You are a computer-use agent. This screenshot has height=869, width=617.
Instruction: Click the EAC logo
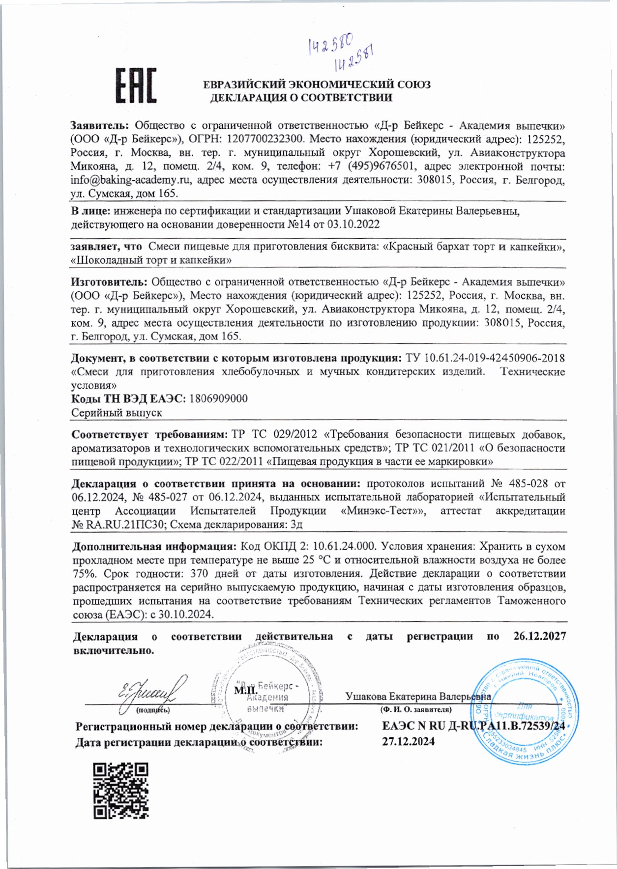[136, 85]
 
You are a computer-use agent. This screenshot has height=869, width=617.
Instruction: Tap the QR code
[121, 790]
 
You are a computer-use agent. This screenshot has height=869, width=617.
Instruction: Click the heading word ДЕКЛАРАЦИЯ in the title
[247, 98]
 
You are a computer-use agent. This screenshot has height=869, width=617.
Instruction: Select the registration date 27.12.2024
[408, 741]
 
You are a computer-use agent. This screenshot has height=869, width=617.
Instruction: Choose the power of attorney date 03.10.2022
[356, 225]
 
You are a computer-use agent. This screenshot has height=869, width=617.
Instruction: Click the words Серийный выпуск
[117, 413]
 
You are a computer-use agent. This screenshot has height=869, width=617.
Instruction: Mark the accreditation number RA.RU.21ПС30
[124, 524]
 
